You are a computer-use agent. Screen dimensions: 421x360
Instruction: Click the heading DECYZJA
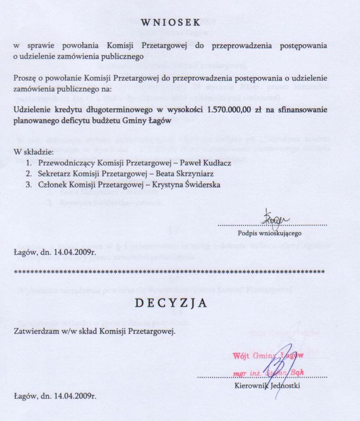(x=171, y=303)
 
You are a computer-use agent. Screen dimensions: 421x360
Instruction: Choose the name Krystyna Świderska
(x=192, y=185)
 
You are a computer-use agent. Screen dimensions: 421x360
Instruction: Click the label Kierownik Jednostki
(x=267, y=386)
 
